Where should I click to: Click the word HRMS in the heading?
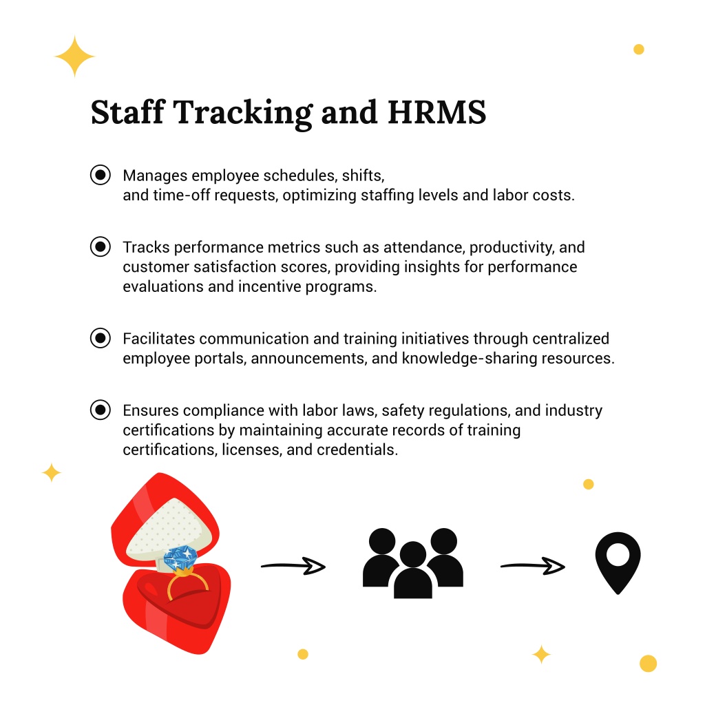436,112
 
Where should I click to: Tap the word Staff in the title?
127,112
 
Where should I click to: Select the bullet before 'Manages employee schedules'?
101,174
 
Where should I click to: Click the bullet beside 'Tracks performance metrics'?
101,246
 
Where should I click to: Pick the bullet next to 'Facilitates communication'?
101,337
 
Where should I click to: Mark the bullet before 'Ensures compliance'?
101,410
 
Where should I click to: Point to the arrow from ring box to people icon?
293,566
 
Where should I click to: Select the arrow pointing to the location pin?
532,566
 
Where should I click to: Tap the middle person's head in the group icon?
413,554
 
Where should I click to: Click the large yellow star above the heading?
74,56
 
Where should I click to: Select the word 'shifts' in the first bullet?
363,176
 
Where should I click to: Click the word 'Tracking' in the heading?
243,113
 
